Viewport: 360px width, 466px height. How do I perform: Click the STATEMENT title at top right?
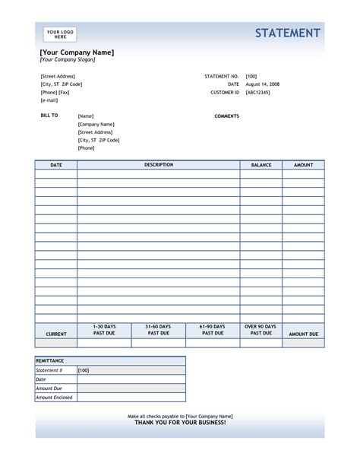point(287,33)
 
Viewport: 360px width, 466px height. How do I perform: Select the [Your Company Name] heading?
point(77,52)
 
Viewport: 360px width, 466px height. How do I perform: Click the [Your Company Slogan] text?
point(68,59)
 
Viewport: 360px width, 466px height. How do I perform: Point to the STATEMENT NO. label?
point(222,77)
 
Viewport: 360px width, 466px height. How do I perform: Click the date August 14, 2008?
point(262,84)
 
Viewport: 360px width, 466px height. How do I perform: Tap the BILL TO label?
point(49,116)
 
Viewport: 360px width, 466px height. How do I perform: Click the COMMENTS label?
point(227,116)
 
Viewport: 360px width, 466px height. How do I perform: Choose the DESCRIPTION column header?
point(159,164)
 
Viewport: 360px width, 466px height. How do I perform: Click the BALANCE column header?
point(261,164)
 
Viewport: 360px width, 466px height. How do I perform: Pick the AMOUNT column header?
point(303,164)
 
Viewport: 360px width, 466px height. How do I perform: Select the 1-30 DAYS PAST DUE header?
point(105,330)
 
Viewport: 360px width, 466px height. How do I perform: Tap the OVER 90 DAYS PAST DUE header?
point(261,330)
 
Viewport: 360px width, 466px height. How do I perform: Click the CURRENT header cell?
point(56,334)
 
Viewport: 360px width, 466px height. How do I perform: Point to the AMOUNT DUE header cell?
point(303,334)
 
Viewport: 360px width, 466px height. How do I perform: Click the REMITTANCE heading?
point(50,360)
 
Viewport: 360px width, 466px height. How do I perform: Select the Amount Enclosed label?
point(55,398)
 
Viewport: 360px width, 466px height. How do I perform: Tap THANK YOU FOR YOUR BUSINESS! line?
point(180,423)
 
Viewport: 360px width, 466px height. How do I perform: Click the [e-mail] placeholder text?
point(49,100)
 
